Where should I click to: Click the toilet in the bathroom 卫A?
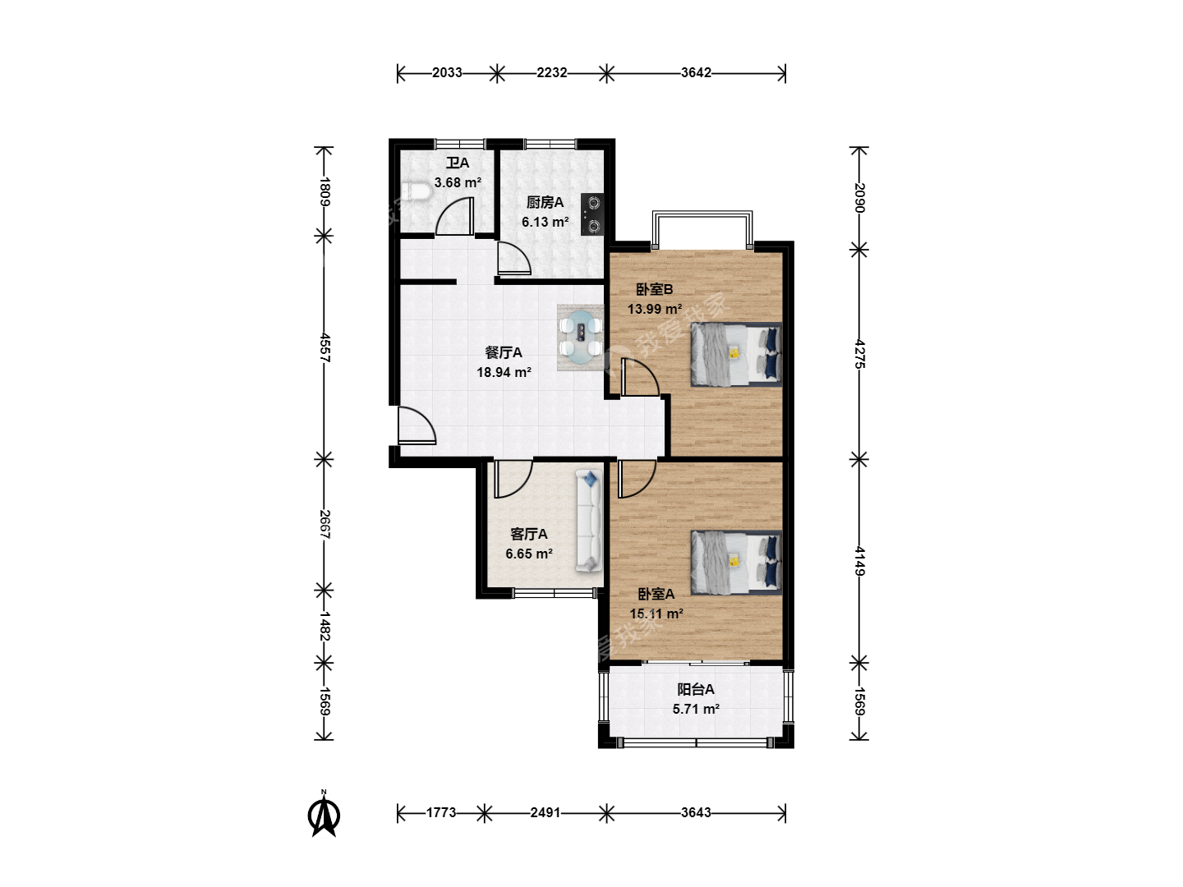pyautogui.click(x=416, y=191)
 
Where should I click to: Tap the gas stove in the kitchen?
pyautogui.click(x=592, y=214)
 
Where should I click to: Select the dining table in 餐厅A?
pyautogui.click(x=581, y=338)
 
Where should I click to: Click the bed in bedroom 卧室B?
pyautogui.click(x=736, y=354)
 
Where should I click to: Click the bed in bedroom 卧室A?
pyautogui.click(x=736, y=563)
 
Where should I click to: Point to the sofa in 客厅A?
pyautogui.click(x=588, y=521)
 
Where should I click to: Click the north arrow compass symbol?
pyautogui.click(x=324, y=813)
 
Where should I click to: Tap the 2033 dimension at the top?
pyautogui.click(x=447, y=73)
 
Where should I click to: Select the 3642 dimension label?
pyautogui.click(x=696, y=73)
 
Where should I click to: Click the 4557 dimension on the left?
pyautogui.click(x=325, y=347)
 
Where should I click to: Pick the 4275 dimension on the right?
pyautogui.click(x=859, y=354)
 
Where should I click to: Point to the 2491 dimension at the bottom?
pyautogui.click(x=545, y=812)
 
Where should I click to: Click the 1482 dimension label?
pyautogui.click(x=325, y=627)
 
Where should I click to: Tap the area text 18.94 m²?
pyautogui.click(x=504, y=372)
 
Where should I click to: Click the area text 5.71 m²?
pyautogui.click(x=696, y=709)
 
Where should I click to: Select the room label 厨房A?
pyautogui.click(x=545, y=203)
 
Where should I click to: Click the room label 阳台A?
pyautogui.click(x=696, y=689)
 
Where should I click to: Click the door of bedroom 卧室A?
pyautogui.click(x=637, y=479)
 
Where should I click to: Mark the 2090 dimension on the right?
pyautogui.click(x=859, y=198)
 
